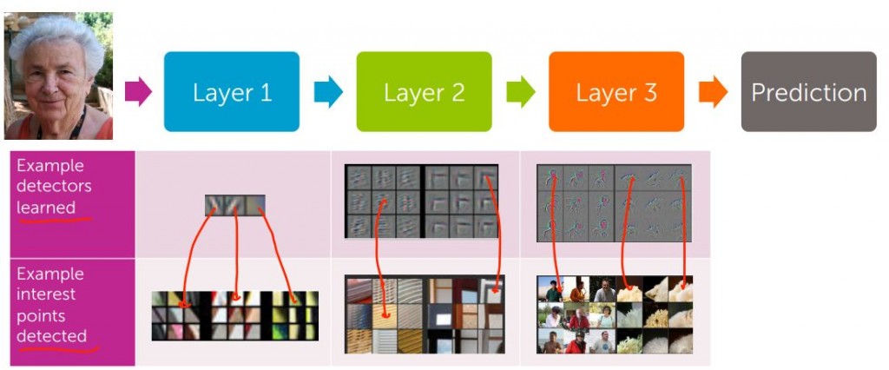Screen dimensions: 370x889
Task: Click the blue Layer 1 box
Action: tap(232, 91)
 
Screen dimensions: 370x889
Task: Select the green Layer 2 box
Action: tap(424, 91)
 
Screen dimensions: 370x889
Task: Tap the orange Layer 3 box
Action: tap(616, 91)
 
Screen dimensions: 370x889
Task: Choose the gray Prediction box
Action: tap(808, 91)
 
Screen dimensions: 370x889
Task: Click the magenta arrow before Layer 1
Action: tap(138, 91)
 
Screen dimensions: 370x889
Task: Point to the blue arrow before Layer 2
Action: tap(328, 91)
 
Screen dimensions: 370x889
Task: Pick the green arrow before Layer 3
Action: tap(520, 91)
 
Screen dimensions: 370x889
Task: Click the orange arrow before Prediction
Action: tap(713, 91)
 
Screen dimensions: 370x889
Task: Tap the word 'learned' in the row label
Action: tap(46, 208)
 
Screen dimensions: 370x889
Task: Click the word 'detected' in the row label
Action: tap(51, 336)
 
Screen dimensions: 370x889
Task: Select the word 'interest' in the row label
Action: tap(44, 294)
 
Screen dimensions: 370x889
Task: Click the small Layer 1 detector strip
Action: tap(235, 205)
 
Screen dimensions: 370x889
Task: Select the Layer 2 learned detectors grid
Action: tap(421, 202)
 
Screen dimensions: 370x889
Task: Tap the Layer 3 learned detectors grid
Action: tap(614, 202)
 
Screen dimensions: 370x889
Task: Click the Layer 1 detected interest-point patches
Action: tap(235, 315)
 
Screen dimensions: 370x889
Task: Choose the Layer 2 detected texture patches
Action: tap(424, 314)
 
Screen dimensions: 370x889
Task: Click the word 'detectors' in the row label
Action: tap(54, 186)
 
